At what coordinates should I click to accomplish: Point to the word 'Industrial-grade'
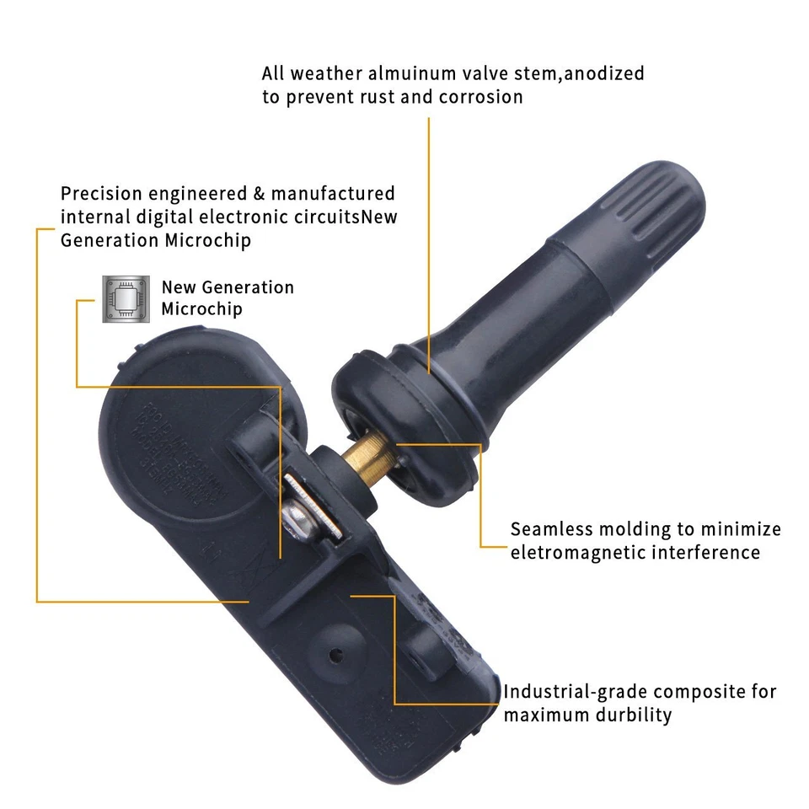coord(576,692)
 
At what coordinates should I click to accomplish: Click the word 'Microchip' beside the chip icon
coord(202,309)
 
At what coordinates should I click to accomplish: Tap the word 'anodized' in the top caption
coord(604,74)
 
